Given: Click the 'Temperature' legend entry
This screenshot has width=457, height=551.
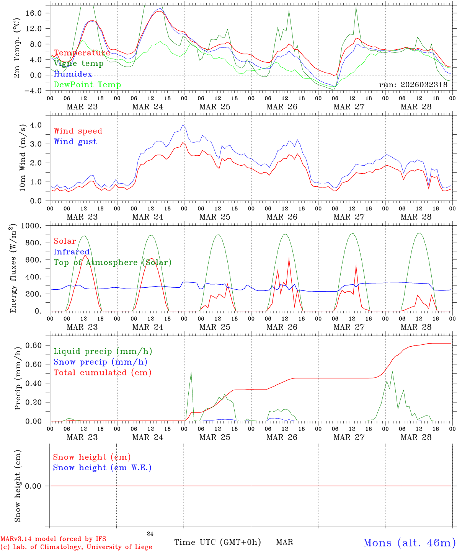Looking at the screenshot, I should tap(82, 53).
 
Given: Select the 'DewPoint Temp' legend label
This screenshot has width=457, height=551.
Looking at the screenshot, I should tap(87, 85).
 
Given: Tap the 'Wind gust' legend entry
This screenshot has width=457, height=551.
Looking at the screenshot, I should tap(75, 142).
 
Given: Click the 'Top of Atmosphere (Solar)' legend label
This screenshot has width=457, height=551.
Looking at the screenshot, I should tap(112, 262).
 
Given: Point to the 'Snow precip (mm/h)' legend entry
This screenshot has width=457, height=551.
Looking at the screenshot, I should tap(100, 362).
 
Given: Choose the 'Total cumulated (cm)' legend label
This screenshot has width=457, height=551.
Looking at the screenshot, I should tap(102, 373).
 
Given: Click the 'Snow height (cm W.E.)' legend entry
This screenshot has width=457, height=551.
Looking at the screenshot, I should tap(102, 468).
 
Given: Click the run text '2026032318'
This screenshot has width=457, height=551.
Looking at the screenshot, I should tap(424, 85).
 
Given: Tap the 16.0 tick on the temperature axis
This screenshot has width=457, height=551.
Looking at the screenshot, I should tap(34, 13).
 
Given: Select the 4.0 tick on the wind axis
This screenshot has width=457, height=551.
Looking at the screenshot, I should tap(38, 125).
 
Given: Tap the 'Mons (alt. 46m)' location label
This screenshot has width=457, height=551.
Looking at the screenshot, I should tap(409, 543).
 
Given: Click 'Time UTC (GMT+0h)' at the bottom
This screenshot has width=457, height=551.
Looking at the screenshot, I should tap(217, 542).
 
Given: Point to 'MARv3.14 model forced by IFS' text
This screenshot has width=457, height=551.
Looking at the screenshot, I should tap(53, 539).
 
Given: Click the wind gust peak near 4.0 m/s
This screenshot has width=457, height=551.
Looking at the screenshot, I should tap(183, 125).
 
